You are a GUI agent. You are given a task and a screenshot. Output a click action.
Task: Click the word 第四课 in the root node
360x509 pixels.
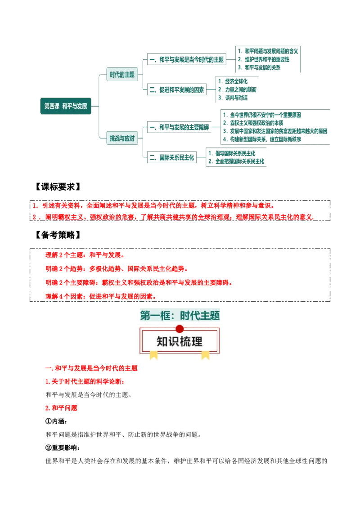[52, 107]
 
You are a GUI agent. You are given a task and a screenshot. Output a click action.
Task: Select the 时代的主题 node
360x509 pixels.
[122, 75]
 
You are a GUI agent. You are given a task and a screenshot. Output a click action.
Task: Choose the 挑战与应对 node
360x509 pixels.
[122, 138]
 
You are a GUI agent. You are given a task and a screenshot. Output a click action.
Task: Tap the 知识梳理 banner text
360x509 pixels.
[180, 341]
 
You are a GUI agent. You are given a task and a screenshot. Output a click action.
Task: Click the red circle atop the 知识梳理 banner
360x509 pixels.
[180, 329]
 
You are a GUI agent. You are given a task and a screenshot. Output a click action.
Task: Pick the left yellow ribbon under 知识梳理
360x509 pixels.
[154, 355]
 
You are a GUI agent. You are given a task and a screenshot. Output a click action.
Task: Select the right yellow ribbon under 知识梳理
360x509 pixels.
[205, 355]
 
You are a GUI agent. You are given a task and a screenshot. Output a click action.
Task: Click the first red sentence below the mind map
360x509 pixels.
[153, 205]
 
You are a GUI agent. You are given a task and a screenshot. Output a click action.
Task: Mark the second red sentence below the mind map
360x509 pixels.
[175, 217]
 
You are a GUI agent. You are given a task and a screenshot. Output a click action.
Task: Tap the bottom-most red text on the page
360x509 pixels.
[61, 409]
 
